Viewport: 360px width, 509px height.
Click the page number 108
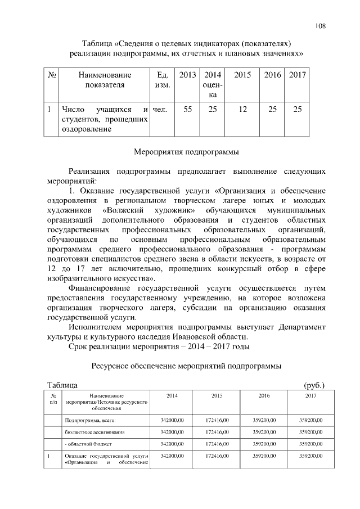tap(321, 26)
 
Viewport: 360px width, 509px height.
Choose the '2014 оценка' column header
tap(212, 85)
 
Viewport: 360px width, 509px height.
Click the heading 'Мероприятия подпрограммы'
tap(186, 151)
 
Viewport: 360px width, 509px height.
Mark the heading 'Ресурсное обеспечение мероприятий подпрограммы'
tap(186, 366)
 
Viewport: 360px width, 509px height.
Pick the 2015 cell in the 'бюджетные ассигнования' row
tap(217, 432)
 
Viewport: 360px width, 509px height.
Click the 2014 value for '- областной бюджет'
tap(172, 444)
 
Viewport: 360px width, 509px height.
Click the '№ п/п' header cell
tap(53, 400)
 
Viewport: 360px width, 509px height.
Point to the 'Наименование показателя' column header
tap(105, 79)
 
